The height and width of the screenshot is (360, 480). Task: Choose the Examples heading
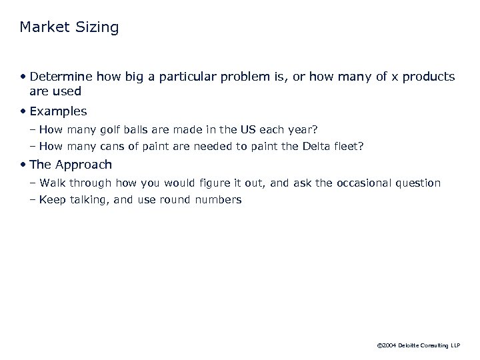coord(58,111)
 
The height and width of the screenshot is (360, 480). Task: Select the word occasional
coord(369,183)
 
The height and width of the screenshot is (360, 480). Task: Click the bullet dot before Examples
coord(24,111)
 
